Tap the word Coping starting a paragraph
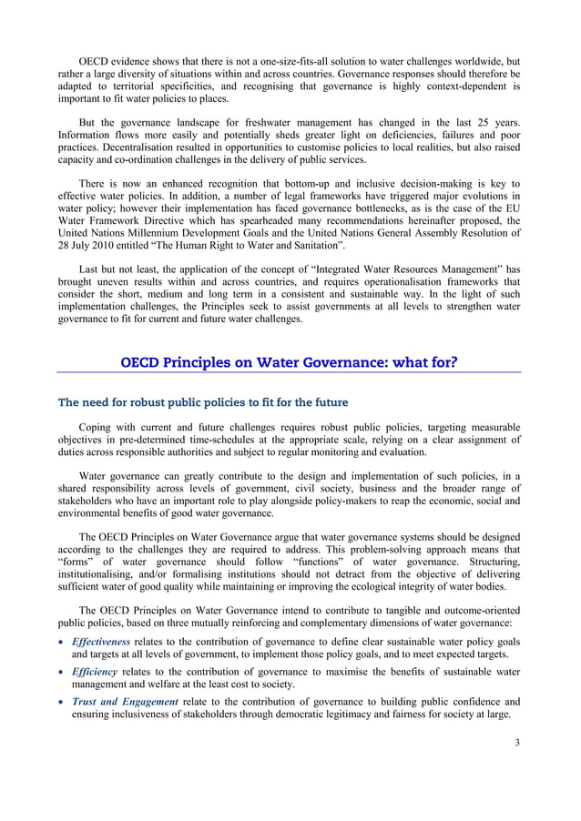[x=98, y=427]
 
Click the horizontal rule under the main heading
[x=289, y=373]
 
